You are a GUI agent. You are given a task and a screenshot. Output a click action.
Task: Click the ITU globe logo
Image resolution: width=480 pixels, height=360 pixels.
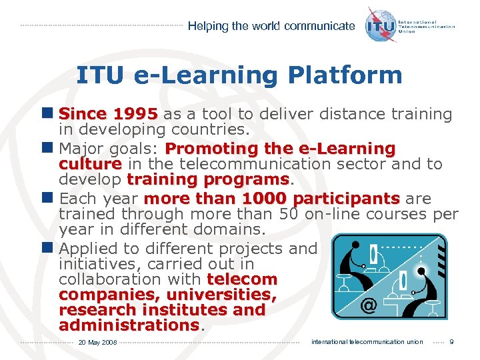pyautogui.click(x=380, y=25)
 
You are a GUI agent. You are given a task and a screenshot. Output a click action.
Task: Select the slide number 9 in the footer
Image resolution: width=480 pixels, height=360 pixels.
pyautogui.click(x=452, y=342)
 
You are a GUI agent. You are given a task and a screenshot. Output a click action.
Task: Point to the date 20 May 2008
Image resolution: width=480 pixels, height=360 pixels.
pyautogui.click(x=97, y=343)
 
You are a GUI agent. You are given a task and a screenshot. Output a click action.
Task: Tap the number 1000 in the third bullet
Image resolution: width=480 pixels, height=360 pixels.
pyautogui.click(x=265, y=199)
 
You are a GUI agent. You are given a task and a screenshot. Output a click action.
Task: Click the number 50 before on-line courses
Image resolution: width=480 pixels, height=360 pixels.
pyautogui.click(x=288, y=214)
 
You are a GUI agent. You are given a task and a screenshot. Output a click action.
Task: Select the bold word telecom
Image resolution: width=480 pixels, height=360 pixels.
pyautogui.click(x=242, y=278)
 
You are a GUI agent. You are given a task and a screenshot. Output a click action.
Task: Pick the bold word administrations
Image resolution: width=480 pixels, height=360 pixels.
pyautogui.click(x=129, y=325)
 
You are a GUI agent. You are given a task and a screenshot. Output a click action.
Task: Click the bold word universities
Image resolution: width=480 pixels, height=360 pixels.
pyautogui.click(x=221, y=294)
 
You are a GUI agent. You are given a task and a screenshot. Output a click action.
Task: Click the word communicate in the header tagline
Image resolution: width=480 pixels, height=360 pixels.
pyautogui.click(x=319, y=26)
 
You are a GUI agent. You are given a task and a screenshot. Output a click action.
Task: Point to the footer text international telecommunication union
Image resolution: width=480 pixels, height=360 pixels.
pyautogui.click(x=367, y=342)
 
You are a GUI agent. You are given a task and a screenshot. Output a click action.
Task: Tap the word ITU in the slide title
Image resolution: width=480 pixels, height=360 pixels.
pyautogui.click(x=100, y=75)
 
